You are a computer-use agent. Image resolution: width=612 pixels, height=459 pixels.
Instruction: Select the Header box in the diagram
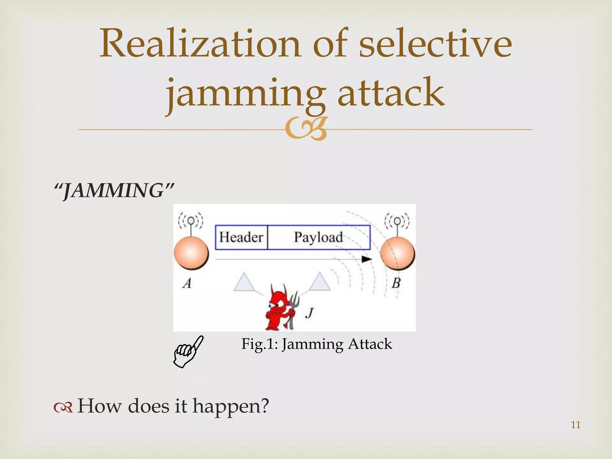[241, 237]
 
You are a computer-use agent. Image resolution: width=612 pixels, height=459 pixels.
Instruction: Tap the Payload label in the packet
[318, 237]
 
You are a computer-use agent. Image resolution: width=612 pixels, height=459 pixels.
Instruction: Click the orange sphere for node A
[191, 253]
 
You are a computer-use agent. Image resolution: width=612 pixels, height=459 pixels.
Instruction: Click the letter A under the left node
[187, 283]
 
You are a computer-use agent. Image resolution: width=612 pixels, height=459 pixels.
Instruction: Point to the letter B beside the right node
[396, 283]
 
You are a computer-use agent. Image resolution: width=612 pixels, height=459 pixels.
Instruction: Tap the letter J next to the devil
[310, 313]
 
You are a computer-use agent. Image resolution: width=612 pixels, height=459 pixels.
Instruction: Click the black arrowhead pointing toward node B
[367, 259]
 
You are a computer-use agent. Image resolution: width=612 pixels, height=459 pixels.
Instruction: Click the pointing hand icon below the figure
[188, 351]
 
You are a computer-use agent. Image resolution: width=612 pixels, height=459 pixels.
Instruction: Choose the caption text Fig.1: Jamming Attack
[316, 344]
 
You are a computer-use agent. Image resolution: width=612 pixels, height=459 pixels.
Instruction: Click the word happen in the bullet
[230, 406]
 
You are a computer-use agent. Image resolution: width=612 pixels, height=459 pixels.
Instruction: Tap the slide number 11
[576, 425]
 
